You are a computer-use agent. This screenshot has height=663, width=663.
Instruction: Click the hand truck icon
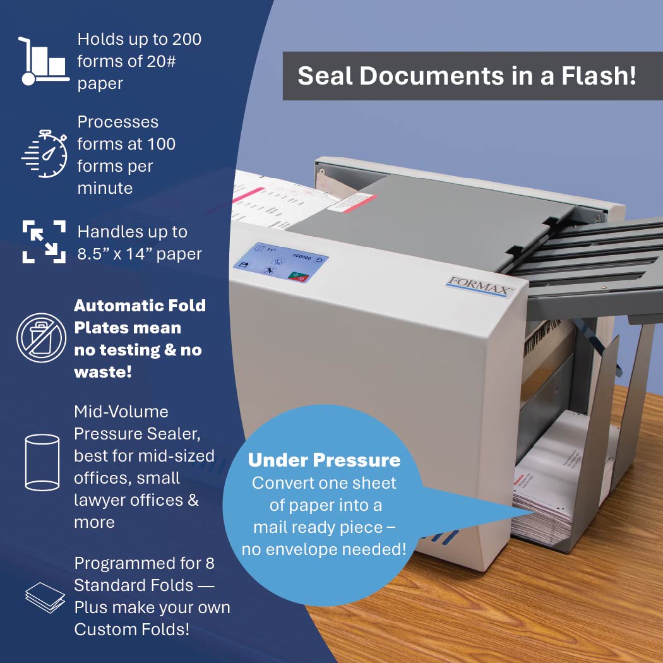click(x=44, y=61)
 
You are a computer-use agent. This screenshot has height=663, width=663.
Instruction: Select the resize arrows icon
click(x=44, y=241)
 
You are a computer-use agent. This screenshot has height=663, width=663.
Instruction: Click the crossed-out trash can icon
click(x=42, y=338)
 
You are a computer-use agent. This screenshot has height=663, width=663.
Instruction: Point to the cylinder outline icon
click(x=42, y=463)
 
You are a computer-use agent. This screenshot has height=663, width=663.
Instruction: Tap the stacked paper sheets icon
click(x=45, y=597)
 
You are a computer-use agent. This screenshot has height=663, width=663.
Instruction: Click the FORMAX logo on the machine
click(x=479, y=287)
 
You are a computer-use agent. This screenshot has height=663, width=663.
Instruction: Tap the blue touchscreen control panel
click(x=281, y=263)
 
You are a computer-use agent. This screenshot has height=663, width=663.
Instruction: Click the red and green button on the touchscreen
click(x=299, y=277)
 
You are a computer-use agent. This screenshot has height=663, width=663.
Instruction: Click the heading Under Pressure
click(x=324, y=460)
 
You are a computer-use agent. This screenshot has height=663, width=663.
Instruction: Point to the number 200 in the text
click(x=186, y=39)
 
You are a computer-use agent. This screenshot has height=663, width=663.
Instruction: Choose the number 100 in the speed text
click(x=161, y=144)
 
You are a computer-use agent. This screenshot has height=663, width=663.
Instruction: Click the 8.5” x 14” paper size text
click(x=140, y=254)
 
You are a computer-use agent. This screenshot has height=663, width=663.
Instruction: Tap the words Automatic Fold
click(x=140, y=305)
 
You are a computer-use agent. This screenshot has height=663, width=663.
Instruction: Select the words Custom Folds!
click(x=132, y=630)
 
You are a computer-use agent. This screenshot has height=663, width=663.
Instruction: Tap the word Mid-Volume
click(x=121, y=412)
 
